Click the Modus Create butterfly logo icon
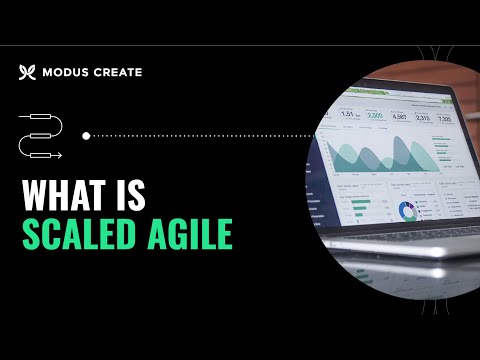[27, 72]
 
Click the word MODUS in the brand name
[66, 72]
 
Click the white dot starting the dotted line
[87, 135]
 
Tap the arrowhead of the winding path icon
[58, 155]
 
